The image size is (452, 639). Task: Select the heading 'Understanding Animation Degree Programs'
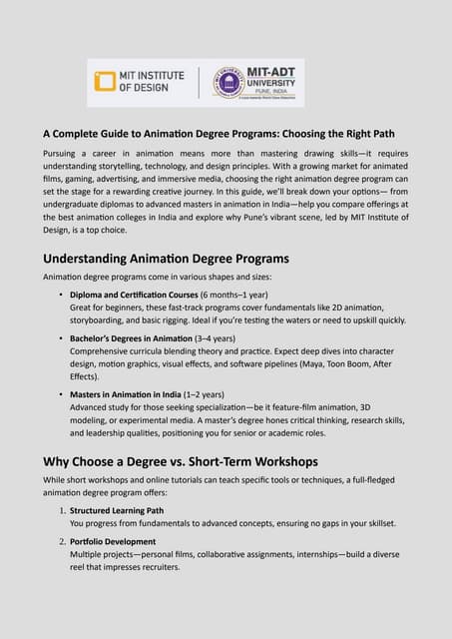(x=151, y=259)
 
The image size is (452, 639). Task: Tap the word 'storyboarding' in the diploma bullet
(x=100, y=321)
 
